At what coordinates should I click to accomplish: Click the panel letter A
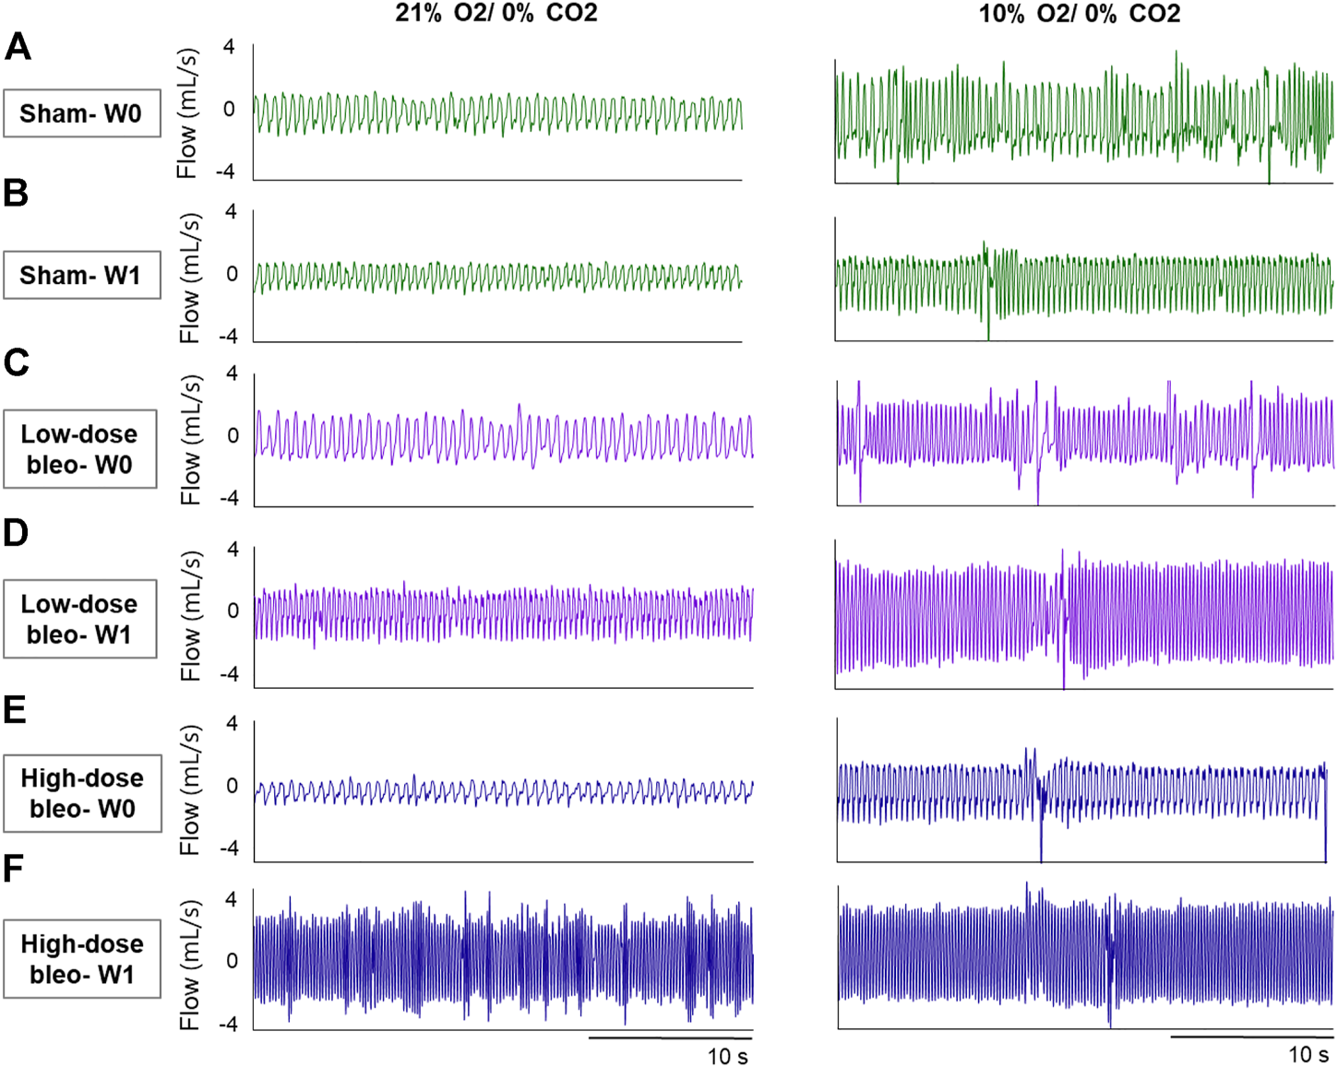tap(18, 46)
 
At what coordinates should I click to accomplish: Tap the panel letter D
tap(17, 533)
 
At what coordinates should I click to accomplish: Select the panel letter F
tap(14, 868)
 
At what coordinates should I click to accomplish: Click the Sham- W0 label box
tap(81, 113)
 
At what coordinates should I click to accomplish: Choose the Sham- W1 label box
tap(81, 275)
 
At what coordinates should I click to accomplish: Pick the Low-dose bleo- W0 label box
tap(80, 449)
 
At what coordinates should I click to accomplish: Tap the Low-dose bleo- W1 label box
tap(80, 619)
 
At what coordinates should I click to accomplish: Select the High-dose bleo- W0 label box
tap(82, 793)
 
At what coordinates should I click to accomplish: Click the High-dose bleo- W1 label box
tap(82, 959)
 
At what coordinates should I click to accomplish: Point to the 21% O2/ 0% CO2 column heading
tap(496, 14)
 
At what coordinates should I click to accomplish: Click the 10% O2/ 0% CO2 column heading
tap(1080, 14)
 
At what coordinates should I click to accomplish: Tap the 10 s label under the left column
tap(727, 1056)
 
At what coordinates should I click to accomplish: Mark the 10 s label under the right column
tap(1308, 1054)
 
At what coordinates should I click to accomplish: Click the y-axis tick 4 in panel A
tap(230, 47)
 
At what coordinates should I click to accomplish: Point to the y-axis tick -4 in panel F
tap(227, 1024)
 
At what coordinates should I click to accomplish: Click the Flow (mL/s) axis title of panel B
tap(190, 278)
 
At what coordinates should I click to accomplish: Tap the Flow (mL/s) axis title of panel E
tap(190, 789)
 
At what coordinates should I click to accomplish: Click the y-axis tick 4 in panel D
tap(232, 550)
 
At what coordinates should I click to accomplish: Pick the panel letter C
tap(17, 362)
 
